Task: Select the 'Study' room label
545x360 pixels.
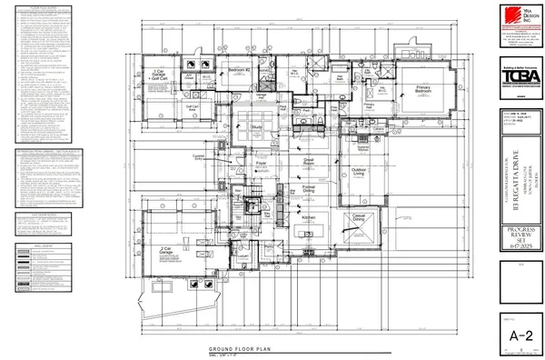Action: point(256,127)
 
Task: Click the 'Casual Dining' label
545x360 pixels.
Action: point(359,218)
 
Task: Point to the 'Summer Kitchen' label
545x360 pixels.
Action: point(364,147)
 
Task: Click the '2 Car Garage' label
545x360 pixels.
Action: point(165,249)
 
